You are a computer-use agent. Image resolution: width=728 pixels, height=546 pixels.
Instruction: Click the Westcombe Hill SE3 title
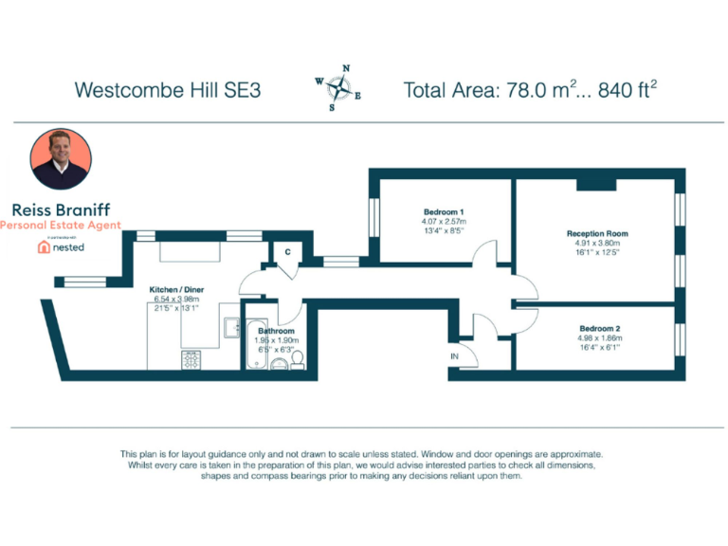click(x=168, y=91)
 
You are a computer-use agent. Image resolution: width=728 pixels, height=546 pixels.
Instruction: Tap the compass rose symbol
click(x=338, y=88)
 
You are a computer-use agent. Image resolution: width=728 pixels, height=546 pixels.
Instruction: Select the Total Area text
click(x=530, y=91)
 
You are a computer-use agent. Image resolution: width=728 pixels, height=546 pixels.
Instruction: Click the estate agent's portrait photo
click(x=61, y=159)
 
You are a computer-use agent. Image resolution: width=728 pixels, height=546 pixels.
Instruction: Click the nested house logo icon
click(x=44, y=246)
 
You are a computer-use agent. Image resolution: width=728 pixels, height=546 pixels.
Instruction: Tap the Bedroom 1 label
click(x=444, y=211)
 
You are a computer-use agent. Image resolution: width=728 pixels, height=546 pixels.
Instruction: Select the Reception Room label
click(x=596, y=233)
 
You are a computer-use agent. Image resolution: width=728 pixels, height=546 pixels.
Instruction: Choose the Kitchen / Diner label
click(x=176, y=289)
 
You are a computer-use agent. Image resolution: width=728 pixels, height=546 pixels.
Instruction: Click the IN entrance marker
click(x=455, y=356)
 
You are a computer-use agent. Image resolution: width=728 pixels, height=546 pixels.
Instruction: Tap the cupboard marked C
click(x=287, y=252)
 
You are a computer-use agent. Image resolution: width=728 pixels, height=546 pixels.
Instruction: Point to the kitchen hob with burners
click(x=191, y=359)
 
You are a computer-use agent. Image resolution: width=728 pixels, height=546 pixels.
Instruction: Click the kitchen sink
click(x=231, y=327)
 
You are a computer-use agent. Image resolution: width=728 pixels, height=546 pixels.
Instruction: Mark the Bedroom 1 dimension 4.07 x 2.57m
click(x=444, y=221)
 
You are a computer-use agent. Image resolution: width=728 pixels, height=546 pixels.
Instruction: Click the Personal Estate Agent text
click(x=61, y=226)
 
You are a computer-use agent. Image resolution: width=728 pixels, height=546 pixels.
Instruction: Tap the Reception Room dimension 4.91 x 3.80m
click(x=596, y=243)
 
